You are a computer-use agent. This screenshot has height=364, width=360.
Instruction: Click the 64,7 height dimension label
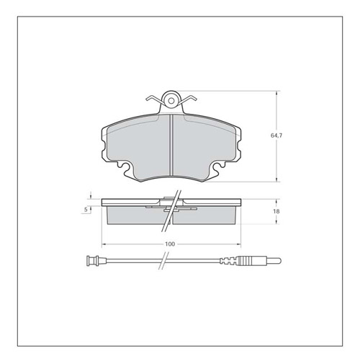click(x=276, y=136)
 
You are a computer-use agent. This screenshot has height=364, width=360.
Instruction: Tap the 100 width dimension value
click(x=170, y=244)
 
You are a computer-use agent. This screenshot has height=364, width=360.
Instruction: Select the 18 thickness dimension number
click(x=276, y=211)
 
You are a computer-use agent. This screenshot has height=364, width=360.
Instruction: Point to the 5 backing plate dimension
click(x=86, y=210)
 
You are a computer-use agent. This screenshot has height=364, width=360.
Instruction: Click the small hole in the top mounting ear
click(x=171, y=101)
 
